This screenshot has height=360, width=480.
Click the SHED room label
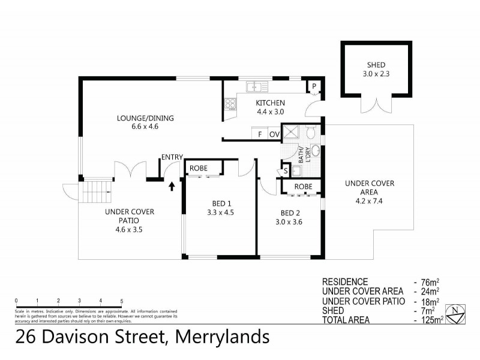[x=376, y=65]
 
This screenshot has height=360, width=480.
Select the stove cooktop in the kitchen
[x=229, y=106]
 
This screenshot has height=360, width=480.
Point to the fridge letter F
[x=260, y=134]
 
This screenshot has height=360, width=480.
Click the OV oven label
[x=274, y=134]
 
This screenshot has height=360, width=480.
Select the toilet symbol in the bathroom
[x=310, y=133]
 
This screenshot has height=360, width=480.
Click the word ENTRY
[x=172, y=158]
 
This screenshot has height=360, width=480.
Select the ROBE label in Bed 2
[x=304, y=187]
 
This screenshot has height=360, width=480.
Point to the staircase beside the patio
[x=97, y=192]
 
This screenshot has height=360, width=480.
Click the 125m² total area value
[x=430, y=320]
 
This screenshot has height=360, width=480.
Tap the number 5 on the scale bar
[x=122, y=300]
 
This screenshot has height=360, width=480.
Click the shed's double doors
[x=376, y=104]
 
